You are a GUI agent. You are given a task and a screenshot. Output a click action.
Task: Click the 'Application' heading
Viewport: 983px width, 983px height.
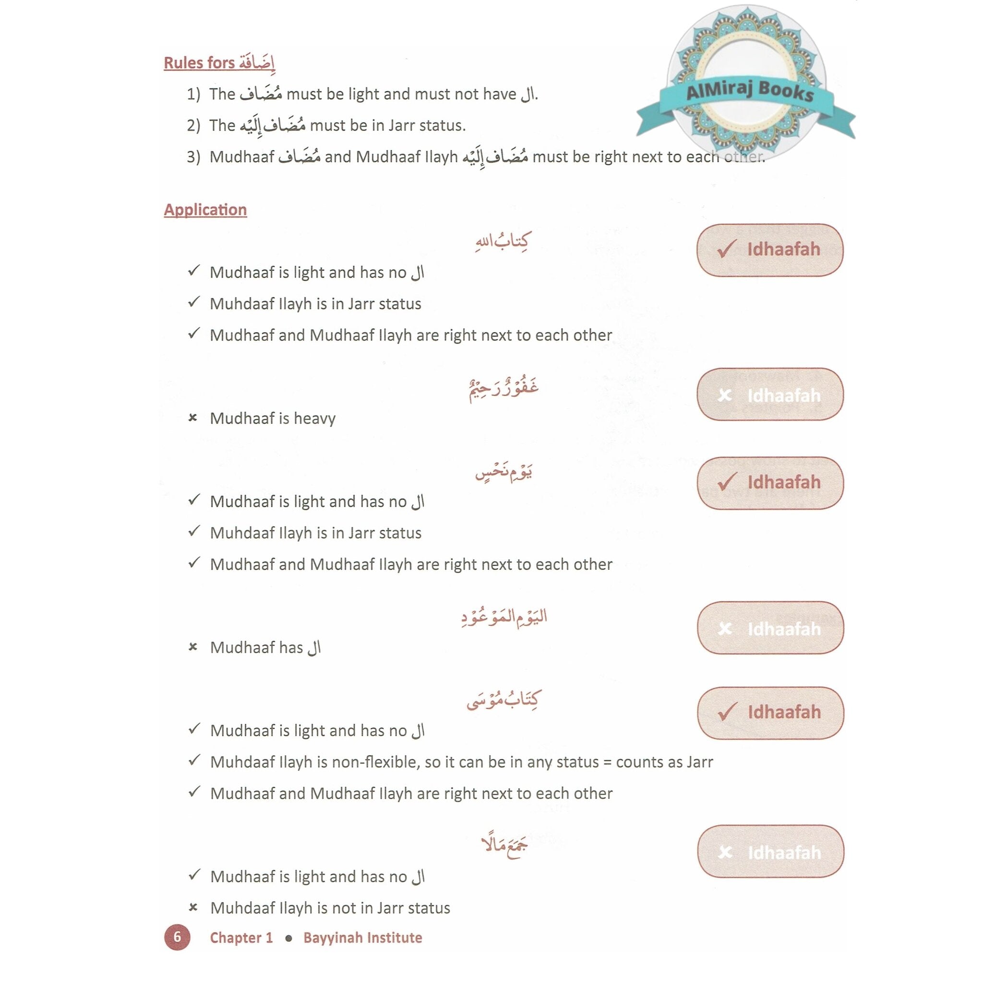click(205, 210)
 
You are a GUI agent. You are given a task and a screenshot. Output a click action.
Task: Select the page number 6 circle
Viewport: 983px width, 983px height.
click(177, 937)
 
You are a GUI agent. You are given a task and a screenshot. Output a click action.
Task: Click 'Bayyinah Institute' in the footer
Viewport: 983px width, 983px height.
click(362, 937)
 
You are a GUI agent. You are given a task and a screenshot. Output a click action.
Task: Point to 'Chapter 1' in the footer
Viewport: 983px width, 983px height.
click(241, 937)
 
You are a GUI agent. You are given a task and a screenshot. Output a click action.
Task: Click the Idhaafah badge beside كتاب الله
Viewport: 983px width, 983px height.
click(770, 250)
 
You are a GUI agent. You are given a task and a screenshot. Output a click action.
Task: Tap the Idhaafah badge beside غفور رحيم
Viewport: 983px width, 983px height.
click(770, 395)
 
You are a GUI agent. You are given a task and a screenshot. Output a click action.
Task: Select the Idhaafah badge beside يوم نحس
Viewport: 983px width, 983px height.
click(770, 482)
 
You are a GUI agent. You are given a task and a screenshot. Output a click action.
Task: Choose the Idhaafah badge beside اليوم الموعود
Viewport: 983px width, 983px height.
click(770, 628)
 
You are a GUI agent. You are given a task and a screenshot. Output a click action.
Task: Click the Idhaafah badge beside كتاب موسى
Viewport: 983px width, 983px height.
click(770, 712)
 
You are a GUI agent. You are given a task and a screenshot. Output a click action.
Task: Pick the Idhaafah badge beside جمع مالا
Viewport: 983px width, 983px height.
click(770, 852)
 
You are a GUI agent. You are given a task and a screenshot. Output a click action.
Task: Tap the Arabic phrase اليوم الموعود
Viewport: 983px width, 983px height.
click(503, 617)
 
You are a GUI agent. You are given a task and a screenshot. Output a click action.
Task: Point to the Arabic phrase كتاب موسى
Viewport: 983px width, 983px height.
click(503, 701)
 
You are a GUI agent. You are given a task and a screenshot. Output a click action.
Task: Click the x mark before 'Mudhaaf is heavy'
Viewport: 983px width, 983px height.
click(192, 418)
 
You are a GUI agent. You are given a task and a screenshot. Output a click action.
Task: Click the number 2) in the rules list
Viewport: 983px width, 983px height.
click(193, 126)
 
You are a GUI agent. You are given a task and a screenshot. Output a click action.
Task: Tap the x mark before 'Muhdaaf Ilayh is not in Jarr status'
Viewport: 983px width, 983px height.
click(193, 907)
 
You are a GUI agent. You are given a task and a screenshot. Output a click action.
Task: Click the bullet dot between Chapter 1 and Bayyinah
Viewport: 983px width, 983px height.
click(288, 938)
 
